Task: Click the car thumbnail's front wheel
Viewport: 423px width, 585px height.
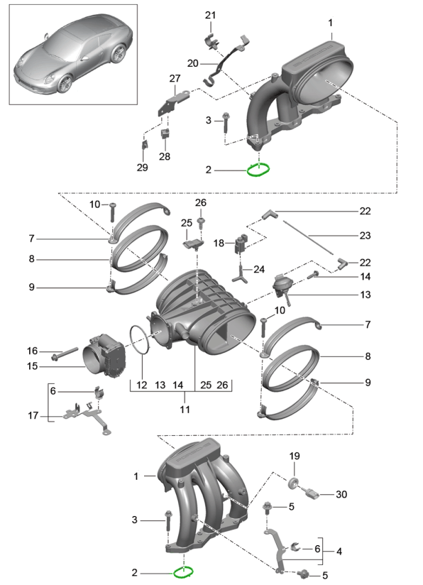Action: [65, 84]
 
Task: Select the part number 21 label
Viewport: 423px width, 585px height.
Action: [210, 16]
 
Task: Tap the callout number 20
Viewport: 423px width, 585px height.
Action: [193, 63]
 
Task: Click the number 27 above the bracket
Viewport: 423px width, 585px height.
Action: [175, 78]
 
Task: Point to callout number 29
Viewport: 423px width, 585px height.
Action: [142, 168]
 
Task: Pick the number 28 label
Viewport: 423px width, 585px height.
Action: [165, 156]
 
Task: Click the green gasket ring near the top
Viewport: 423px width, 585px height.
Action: [258, 170]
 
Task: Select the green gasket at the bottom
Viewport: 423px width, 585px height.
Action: [183, 572]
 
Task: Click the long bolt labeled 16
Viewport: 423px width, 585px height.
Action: [64, 354]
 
